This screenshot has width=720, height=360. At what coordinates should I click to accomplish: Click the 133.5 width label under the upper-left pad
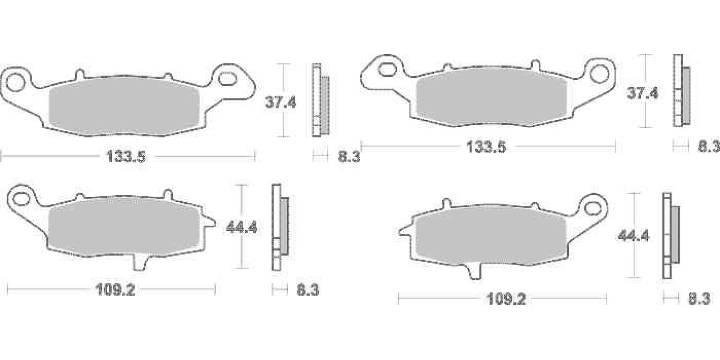coord(126,157)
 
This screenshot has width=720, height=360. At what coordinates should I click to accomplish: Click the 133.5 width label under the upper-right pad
coord(486,147)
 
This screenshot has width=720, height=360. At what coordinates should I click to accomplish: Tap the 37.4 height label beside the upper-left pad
coord(280,102)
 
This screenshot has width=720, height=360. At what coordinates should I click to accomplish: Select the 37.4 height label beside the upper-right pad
coord(643,93)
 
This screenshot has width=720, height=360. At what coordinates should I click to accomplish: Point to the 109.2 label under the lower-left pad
coord(115,290)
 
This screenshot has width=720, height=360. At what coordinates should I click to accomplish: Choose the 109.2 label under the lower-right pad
coord(506,299)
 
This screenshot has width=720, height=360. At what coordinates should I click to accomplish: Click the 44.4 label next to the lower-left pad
coord(241,228)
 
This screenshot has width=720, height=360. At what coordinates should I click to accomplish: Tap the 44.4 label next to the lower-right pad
coord(634,236)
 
